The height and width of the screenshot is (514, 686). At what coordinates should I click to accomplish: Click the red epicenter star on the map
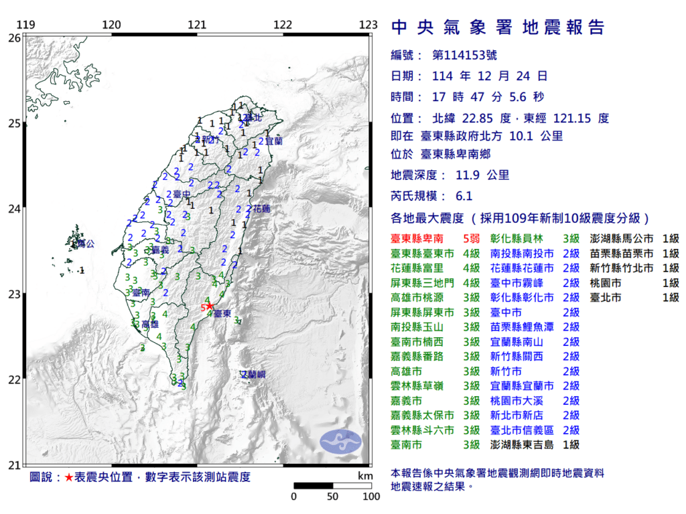[x=210, y=306]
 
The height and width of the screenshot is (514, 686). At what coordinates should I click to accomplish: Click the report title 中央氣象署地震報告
[x=497, y=27]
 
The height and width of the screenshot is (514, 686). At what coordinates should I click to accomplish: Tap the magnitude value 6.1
[x=464, y=196]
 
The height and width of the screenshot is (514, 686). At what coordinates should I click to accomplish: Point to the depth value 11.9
[x=464, y=175]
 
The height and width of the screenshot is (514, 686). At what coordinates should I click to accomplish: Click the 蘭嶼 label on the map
[x=254, y=375]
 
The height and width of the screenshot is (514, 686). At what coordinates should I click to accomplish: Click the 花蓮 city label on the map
[x=261, y=209]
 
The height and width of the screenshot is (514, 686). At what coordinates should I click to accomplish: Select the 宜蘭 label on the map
[x=273, y=142]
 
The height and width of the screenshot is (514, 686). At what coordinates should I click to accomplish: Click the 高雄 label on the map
[x=151, y=324]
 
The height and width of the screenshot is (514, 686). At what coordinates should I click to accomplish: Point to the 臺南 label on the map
[x=141, y=292]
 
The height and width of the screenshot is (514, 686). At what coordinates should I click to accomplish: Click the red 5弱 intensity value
[x=470, y=238]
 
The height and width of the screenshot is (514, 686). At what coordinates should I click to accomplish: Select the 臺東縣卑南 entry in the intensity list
[x=418, y=238]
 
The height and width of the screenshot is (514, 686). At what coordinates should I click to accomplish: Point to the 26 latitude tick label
[x=13, y=38]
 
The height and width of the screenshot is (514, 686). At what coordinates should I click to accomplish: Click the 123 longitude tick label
[x=368, y=25]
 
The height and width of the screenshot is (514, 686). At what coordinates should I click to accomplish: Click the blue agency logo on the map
[x=340, y=440]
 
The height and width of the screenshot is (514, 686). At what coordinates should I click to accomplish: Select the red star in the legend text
[x=69, y=477]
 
